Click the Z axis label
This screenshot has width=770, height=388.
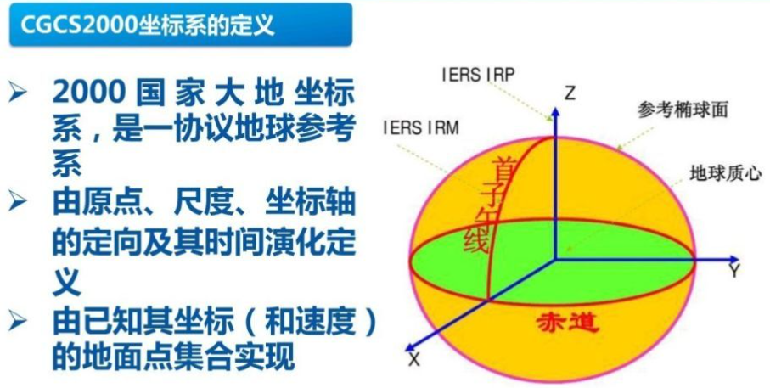[x=570, y=93]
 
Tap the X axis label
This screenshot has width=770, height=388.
[x=414, y=361]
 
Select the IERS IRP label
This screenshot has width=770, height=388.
[x=478, y=73]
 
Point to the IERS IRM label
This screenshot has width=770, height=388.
[x=420, y=128]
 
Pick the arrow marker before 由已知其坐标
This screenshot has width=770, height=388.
[x=20, y=321]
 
